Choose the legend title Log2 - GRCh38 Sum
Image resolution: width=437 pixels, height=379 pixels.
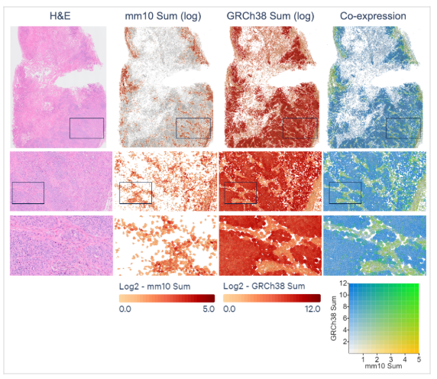[264, 287]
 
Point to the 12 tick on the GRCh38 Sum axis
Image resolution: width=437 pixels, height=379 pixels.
[345, 284]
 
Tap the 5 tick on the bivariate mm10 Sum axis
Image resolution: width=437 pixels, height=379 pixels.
[418, 358]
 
